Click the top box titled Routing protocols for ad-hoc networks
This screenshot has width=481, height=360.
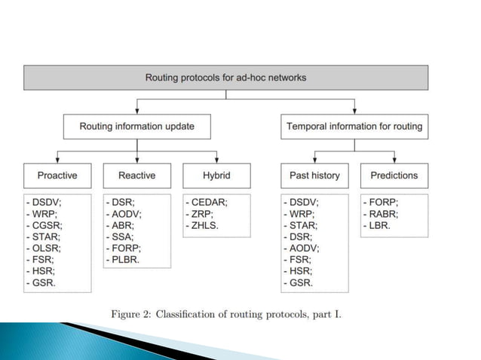pos(225,77)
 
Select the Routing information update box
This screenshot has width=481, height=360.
pos(136,127)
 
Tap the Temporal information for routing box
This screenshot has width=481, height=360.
pos(354,127)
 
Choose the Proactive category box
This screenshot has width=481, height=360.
pos(57,175)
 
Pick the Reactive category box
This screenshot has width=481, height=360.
pos(136,175)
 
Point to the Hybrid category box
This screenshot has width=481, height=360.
pos(216,175)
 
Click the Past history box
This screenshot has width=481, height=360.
pos(314,175)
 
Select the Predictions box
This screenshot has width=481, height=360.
pos(394,175)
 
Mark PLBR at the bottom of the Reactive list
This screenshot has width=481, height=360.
pos(127,259)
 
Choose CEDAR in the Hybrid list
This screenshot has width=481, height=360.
pos(210,202)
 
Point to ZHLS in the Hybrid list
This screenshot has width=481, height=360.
pos(207,224)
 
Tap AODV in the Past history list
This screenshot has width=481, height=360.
pos(305,248)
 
